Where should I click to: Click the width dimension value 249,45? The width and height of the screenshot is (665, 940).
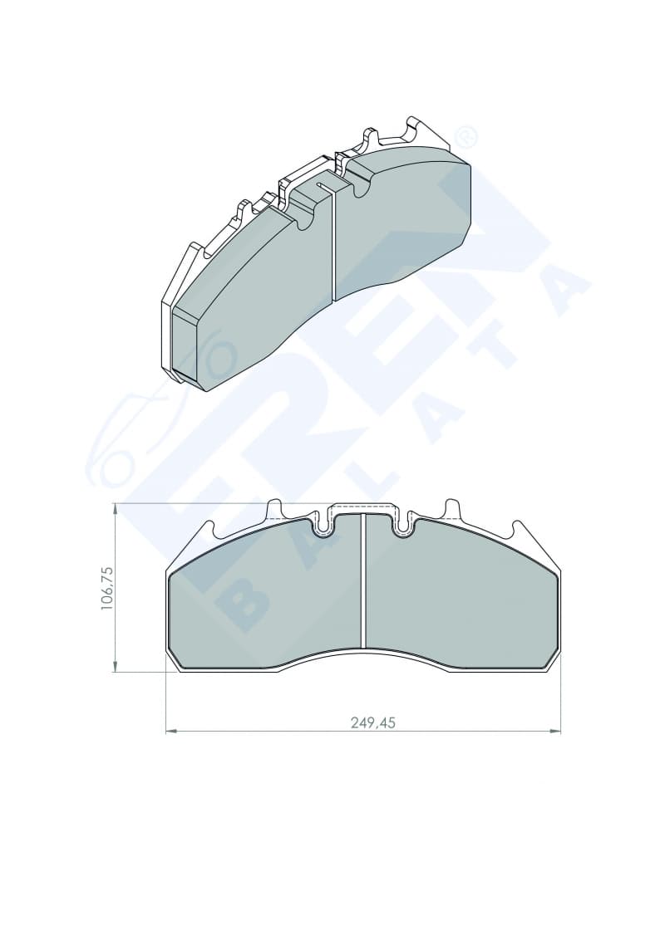point(373,723)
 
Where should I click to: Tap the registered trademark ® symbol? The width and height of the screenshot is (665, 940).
point(466,138)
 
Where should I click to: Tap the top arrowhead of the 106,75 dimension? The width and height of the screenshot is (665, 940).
point(115,510)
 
